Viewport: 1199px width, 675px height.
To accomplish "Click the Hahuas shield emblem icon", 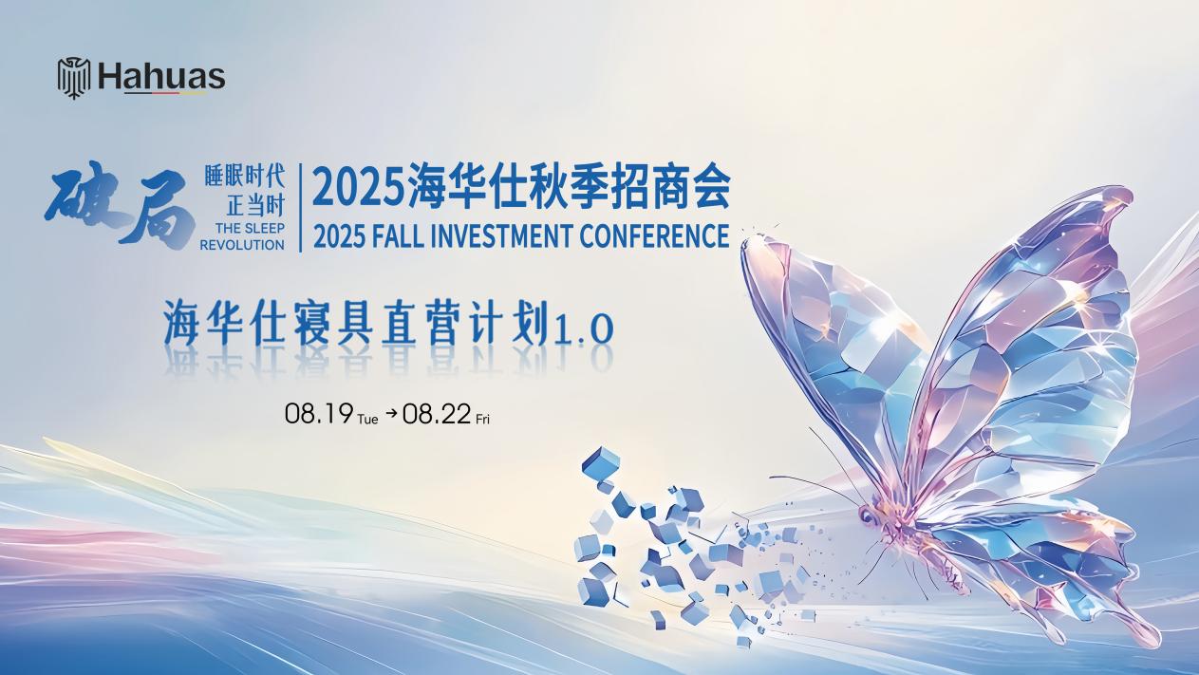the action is pyautogui.click(x=74, y=78).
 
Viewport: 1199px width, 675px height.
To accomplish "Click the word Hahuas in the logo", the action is pyautogui.click(x=161, y=77).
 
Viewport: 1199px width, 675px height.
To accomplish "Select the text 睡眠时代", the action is pyautogui.click(x=244, y=177).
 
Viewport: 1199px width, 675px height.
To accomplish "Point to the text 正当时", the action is pyautogui.click(x=255, y=206).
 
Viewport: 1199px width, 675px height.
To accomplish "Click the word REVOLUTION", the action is pyautogui.click(x=242, y=245).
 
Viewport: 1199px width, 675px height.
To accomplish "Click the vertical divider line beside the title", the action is pyautogui.click(x=300, y=208).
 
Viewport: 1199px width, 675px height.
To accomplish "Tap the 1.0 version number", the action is pyautogui.click(x=585, y=328).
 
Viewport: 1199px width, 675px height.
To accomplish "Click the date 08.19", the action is pyautogui.click(x=318, y=414).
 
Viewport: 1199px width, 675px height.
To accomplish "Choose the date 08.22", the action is pyautogui.click(x=437, y=414).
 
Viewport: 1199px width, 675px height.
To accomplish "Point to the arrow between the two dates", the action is pyautogui.click(x=391, y=413).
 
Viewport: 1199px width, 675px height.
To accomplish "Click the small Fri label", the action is pyautogui.click(x=482, y=419).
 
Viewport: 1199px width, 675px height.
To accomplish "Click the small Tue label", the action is pyautogui.click(x=367, y=419).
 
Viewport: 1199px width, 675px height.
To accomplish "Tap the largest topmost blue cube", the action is pyautogui.click(x=601, y=461).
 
